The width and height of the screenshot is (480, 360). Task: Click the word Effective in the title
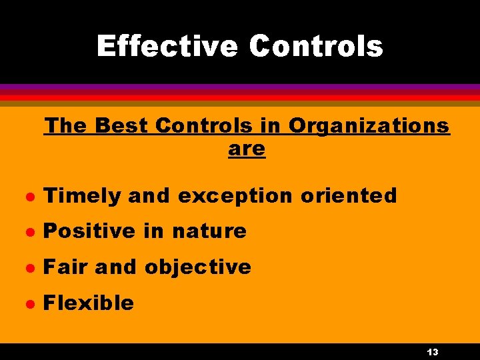coord(167,47)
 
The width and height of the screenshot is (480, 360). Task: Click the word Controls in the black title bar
coord(316,47)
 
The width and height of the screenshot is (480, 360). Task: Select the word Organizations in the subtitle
coord(369,125)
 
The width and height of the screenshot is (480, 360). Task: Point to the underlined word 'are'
coord(247,149)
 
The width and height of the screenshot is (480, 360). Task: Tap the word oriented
coord(349,196)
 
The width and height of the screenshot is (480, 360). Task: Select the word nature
coord(209,231)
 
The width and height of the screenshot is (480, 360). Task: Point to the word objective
coord(198,267)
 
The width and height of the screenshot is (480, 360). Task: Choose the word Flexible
coord(89,303)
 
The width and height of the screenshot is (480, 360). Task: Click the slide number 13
coord(432,352)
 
